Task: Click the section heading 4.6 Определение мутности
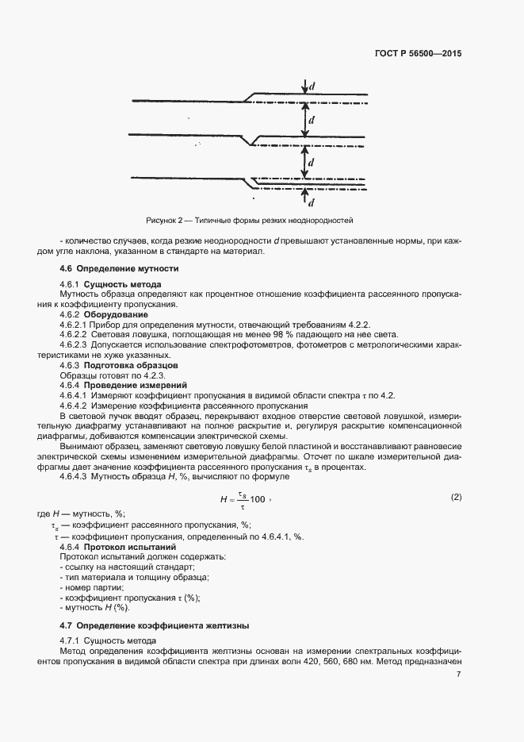point(119,269)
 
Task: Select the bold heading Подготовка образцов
point(130,365)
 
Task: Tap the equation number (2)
point(456,497)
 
